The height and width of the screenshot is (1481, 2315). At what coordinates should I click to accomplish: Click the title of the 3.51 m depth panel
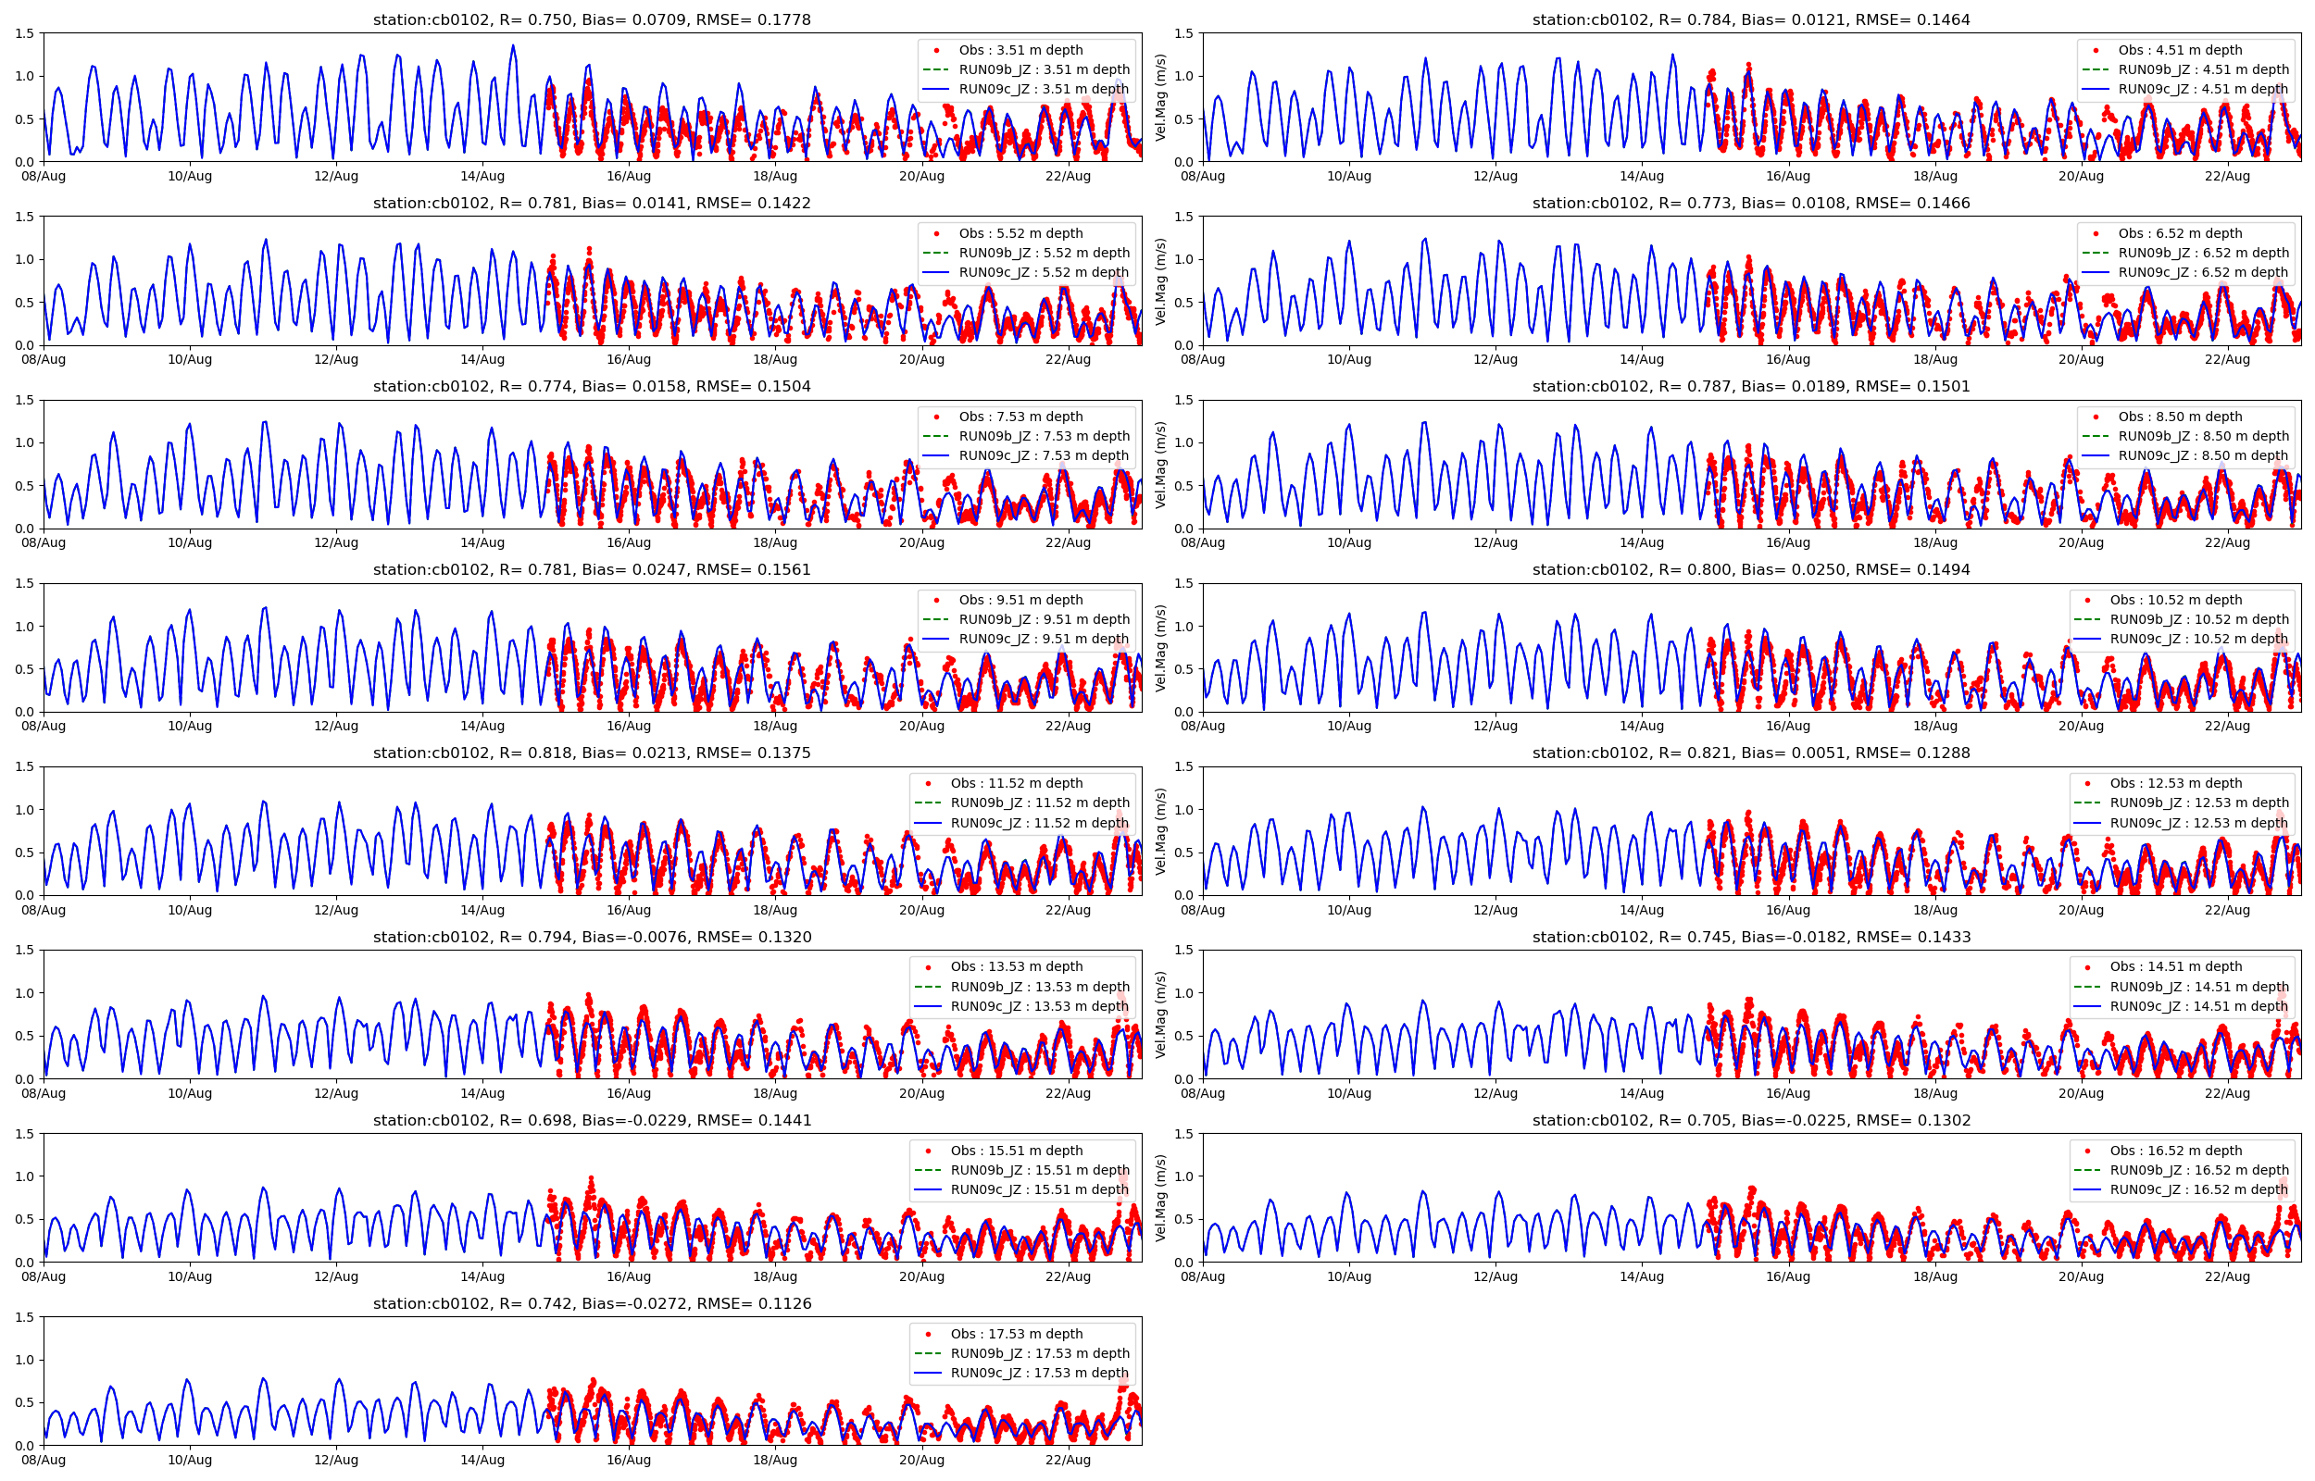592,20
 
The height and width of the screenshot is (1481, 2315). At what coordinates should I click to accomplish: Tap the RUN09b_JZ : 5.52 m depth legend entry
1044,253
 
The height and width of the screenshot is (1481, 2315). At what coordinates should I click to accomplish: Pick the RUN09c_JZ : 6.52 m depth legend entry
2202,272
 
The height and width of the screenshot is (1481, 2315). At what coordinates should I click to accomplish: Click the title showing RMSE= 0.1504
592,387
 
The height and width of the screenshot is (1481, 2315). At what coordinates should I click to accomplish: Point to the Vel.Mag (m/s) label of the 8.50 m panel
1161,465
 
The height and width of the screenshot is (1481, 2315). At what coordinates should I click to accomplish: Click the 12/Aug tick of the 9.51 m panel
335,726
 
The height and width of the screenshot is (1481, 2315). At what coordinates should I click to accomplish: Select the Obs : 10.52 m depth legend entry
2174,600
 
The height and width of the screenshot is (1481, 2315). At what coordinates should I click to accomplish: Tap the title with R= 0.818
592,753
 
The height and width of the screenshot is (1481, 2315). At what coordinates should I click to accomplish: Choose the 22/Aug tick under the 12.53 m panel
2226,910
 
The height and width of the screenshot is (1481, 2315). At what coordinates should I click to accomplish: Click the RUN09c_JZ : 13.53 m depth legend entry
1039,1007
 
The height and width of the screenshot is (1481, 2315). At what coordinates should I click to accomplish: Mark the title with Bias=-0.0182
1750,938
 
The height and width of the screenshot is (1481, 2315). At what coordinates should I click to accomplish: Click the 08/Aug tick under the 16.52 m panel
1202,1277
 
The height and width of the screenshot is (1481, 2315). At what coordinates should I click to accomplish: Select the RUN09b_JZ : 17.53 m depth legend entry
1039,1353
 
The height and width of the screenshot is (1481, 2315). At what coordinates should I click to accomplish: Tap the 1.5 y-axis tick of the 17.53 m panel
24,1317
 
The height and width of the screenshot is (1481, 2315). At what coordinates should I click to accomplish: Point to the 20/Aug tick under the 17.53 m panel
921,1460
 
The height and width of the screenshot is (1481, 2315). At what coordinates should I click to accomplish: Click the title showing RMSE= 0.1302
1750,1120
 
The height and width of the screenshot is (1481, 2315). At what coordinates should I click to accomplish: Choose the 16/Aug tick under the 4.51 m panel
1788,176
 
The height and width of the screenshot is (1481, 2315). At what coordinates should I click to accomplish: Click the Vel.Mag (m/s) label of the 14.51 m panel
1161,1014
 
